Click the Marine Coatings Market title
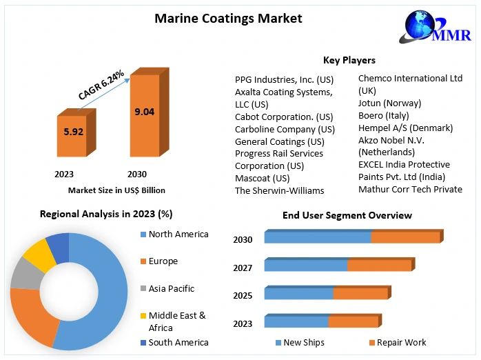227,19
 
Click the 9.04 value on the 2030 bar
144,110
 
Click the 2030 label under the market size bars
137,174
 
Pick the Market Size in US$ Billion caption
116,190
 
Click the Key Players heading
349,60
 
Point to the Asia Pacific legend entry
171,288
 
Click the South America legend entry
178,342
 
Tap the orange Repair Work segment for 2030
405,237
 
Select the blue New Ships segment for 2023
296,321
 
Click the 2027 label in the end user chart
243,268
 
